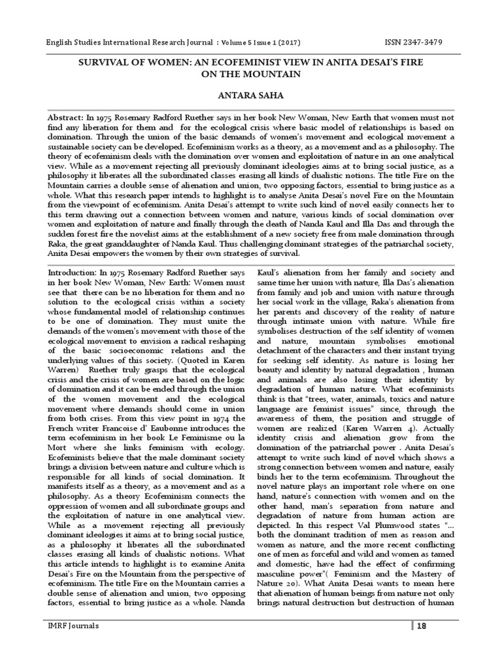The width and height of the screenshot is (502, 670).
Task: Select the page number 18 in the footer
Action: click(x=422, y=626)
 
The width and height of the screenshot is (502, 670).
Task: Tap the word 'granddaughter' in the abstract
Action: click(x=131, y=243)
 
